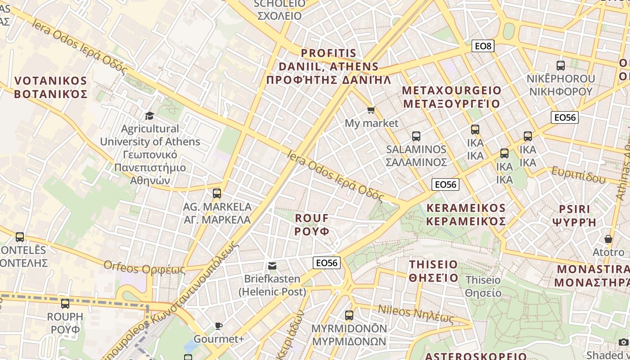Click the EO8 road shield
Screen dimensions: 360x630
coord(483,45)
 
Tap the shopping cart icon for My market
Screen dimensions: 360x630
coord(371,110)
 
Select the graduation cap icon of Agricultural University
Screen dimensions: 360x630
coord(149,116)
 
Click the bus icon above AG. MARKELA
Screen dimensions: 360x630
coord(217,193)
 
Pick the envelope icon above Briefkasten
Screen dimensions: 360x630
coord(272,266)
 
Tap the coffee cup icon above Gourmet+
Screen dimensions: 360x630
coord(219,326)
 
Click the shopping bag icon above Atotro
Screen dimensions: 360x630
coord(608,239)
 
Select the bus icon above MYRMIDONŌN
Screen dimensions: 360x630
coord(349,315)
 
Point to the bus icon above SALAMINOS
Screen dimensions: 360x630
coord(416,136)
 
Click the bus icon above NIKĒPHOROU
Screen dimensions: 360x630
coord(561,66)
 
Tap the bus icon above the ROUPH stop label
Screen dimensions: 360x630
coord(65,304)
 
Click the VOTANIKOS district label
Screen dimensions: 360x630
coord(50,87)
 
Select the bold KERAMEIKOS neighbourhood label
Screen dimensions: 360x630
coord(466,214)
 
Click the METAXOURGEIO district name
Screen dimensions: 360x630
coord(451,97)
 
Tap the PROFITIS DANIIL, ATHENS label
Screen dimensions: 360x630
coord(328,67)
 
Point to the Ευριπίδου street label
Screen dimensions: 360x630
coord(579,175)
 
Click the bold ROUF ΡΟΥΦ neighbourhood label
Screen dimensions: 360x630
coord(312,224)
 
